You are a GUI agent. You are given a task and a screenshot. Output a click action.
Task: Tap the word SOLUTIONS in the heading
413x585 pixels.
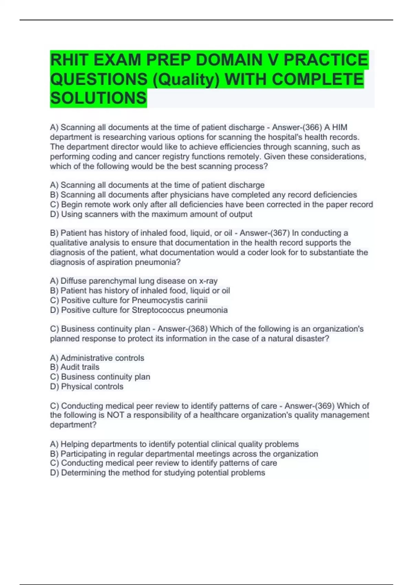(98, 98)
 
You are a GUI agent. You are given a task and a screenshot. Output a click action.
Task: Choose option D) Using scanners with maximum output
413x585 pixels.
(151, 214)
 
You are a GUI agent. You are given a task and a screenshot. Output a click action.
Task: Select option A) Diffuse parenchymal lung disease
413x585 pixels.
(134, 281)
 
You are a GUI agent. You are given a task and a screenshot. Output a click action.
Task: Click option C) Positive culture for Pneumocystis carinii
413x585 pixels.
(129, 300)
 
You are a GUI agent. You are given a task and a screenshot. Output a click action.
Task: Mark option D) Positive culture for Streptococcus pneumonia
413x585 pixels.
(139, 310)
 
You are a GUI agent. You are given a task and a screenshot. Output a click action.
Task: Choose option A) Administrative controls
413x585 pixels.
(97, 358)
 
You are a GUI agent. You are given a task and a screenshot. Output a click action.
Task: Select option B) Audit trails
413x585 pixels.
(75, 367)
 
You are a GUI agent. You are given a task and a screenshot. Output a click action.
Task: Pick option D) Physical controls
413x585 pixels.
(87, 386)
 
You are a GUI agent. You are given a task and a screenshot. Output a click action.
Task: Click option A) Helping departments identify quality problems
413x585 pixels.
(174, 444)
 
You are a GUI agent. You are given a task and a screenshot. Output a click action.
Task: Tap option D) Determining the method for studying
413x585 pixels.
(157, 473)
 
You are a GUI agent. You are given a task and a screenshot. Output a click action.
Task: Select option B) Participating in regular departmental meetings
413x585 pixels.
(184, 454)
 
